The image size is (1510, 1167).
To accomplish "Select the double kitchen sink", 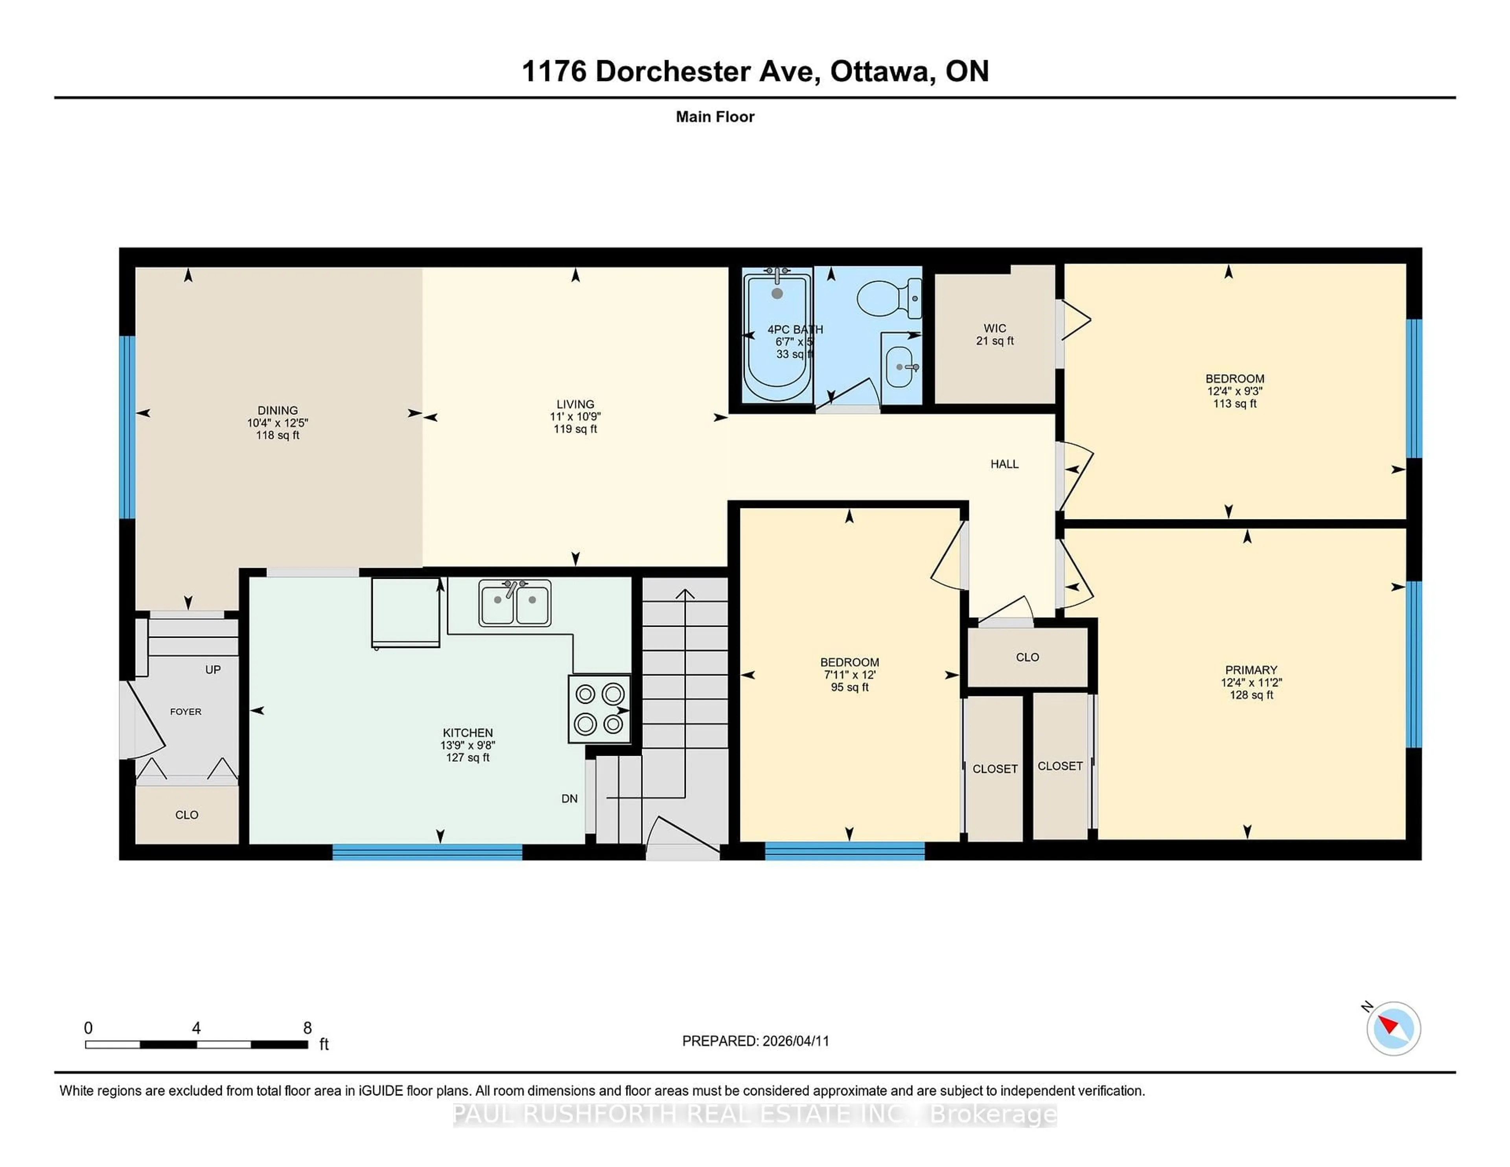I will point(514,603).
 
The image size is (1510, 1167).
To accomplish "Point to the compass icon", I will point(1393,1028).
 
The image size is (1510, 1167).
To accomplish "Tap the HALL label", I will point(1004,464).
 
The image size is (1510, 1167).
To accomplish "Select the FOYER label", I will point(185,711).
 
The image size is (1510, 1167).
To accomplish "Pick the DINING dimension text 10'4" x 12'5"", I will point(277,422).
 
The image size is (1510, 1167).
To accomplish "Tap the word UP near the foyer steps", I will point(213,669).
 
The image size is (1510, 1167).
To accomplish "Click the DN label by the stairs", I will point(569,799).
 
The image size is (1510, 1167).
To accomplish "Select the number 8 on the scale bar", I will point(308,1028).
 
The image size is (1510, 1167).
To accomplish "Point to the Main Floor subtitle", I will point(715,117).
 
